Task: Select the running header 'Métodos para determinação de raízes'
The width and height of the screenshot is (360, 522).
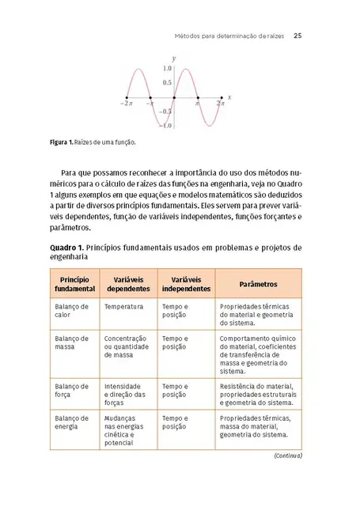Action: coord(229,36)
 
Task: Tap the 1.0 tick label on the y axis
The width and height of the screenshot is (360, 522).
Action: coord(167,69)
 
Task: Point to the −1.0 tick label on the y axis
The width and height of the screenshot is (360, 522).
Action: coord(165,126)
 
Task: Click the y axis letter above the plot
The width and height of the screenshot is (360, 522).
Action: coord(173,59)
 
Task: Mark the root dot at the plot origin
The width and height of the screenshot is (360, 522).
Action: coord(173,97)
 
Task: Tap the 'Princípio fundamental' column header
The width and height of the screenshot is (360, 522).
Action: coord(74,284)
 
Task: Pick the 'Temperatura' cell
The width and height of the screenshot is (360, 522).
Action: coord(123,306)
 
